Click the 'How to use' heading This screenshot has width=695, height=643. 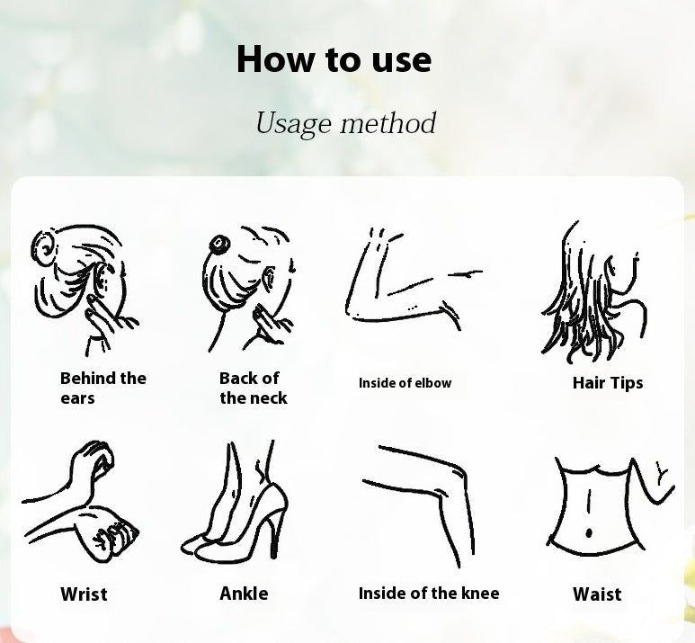tap(334, 58)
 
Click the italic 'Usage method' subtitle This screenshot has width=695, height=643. tap(346, 123)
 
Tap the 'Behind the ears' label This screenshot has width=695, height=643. tap(102, 388)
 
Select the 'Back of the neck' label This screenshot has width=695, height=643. tap(253, 388)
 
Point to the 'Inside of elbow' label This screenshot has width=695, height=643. tap(405, 383)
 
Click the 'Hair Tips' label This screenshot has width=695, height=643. tap(608, 383)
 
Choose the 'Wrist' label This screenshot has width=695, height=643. tap(84, 594)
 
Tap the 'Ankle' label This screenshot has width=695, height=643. tap(244, 594)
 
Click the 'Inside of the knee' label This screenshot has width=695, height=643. tap(429, 594)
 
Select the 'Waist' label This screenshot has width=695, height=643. tap(597, 594)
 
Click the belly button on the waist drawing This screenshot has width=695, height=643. tap(589, 532)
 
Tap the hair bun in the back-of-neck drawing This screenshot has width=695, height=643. tap(219, 245)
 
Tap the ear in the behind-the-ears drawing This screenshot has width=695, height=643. tap(101, 279)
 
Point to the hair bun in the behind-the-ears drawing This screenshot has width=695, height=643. tap(43, 248)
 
